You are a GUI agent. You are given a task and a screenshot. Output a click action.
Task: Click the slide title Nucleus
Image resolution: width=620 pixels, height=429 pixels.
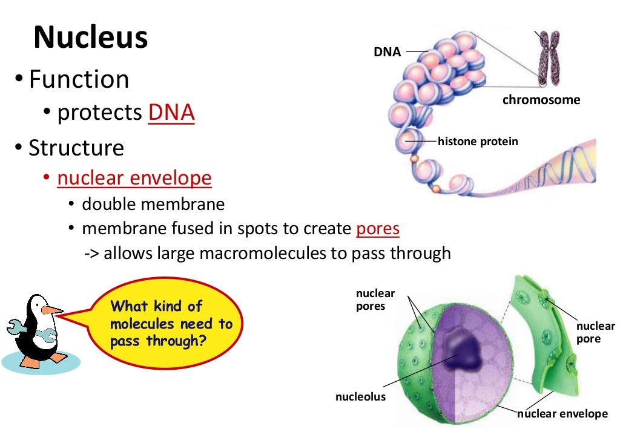click(x=90, y=38)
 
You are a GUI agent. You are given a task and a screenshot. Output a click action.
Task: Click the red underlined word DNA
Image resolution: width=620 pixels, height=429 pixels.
click(x=171, y=113)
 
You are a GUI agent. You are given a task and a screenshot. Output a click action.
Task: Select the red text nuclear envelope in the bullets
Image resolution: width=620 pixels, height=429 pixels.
click(x=134, y=178)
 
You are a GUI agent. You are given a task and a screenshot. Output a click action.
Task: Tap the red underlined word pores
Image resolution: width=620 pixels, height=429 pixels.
click(x=377, y=229)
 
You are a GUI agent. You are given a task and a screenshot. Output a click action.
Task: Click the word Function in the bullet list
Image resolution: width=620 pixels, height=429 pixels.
click(x=79, y=79)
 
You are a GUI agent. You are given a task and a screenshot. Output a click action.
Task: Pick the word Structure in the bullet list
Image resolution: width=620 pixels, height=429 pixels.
click(x=76, y=148)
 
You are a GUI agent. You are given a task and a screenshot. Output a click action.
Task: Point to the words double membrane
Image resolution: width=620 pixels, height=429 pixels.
click(x=153, y=204)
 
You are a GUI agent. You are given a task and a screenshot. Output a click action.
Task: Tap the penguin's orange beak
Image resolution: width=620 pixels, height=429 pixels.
click(x=53, y=311)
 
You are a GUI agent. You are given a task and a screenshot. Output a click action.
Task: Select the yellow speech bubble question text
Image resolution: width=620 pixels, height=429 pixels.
click(x=171, y=324)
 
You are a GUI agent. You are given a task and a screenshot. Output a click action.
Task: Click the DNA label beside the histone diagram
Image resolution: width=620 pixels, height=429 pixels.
click(x=387, y=52)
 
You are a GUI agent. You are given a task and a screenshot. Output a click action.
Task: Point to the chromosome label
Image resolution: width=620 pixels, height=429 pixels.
click(x=541, y=100)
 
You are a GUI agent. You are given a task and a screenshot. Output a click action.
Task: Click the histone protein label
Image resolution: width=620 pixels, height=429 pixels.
click(x=478, y=142)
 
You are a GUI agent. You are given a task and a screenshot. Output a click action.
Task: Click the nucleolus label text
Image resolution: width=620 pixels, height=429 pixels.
click(x=360, y=397)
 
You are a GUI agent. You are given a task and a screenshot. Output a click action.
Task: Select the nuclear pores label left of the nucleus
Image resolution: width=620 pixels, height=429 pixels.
click(x=375, y=300)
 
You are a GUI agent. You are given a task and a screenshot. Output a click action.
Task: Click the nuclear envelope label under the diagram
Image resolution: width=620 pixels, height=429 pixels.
click(x=562, y=414)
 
